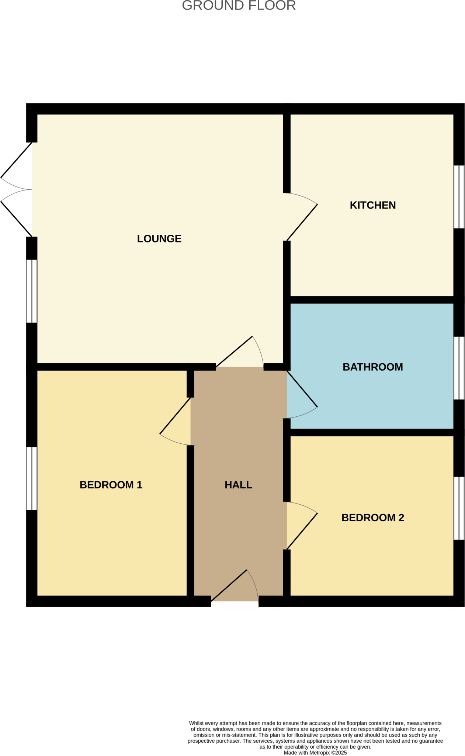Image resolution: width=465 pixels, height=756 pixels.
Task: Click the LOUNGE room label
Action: click(x=159, y=239)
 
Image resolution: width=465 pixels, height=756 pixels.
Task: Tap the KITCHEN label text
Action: click(x=372, y=205)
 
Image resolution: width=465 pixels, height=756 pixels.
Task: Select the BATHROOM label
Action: click(x=372, y=367)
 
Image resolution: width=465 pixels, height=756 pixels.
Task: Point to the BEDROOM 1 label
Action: click(x=111, y=485)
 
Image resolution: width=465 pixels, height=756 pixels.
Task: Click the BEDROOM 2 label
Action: click(x=372, y=518)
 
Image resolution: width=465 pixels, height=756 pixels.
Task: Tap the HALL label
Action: click(x=238, y=485)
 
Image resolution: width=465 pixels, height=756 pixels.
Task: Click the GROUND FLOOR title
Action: click(x=239, y=6)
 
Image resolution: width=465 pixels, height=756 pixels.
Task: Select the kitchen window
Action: click(x=459, y=197)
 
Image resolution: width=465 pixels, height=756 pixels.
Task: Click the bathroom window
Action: click(x=459, y=368)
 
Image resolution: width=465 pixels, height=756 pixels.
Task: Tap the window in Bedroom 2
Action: click(x=459, y=508)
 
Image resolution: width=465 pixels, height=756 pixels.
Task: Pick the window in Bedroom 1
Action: click(x=32, y=478)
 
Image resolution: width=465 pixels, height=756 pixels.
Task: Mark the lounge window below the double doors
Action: click(x=32, y=291)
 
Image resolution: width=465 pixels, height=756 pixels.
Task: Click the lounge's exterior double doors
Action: click(x=17, y=189)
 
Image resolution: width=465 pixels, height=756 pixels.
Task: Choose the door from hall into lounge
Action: click(x=240, y=353)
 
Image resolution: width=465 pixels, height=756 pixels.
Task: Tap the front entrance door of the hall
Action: click(x=235, y=587)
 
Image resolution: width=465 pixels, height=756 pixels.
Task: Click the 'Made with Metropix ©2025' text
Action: click(x=315, y=753)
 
